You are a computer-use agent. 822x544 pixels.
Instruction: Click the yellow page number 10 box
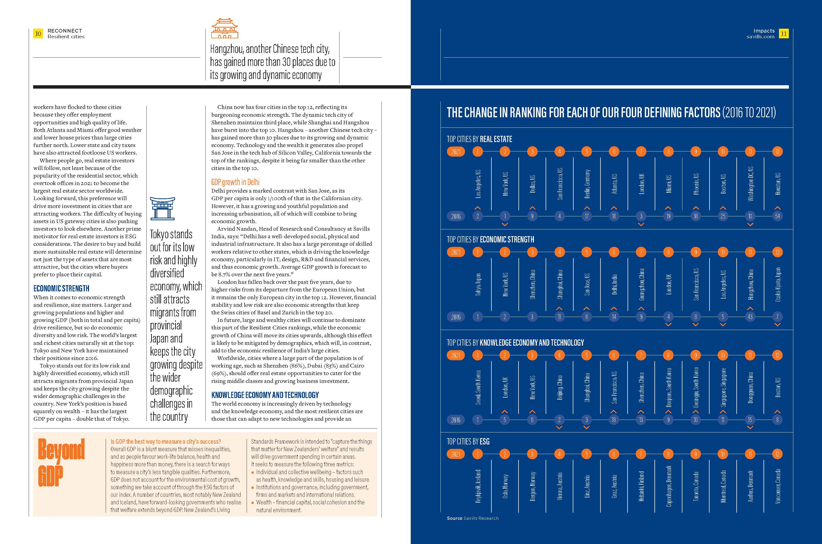[38, 34]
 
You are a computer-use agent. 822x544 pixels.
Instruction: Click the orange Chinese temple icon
[225, 28]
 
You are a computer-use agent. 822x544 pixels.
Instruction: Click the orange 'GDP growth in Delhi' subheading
[235, 182]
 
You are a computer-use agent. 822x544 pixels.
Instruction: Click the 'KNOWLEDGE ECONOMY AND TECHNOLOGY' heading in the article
[265, 395]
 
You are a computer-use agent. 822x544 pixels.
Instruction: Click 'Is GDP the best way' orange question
[166, 441]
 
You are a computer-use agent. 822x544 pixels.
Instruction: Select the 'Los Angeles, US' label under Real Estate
[478, 184]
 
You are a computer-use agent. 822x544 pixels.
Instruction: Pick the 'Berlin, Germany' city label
[587, 184]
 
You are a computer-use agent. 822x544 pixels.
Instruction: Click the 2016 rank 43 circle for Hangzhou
[750, 317]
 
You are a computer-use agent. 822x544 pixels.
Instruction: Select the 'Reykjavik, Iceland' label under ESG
[478, 486]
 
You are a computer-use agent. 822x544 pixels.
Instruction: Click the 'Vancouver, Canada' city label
[778, 486]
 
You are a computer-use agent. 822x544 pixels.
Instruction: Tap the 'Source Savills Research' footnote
[473, 518]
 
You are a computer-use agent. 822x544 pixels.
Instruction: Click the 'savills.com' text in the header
[760, 37]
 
